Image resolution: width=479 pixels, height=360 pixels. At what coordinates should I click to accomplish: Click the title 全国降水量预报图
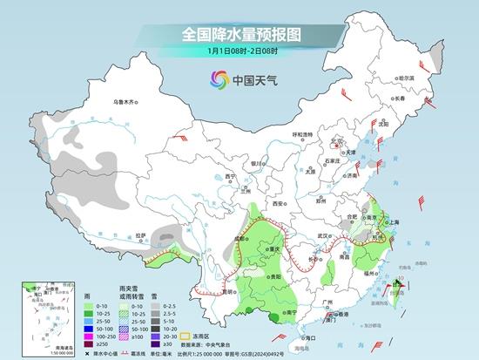(x=240, y=35)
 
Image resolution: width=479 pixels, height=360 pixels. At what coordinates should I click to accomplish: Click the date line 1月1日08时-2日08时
(x=240, y=51)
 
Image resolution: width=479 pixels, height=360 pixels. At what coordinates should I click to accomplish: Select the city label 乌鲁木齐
(x=125, y=102)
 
